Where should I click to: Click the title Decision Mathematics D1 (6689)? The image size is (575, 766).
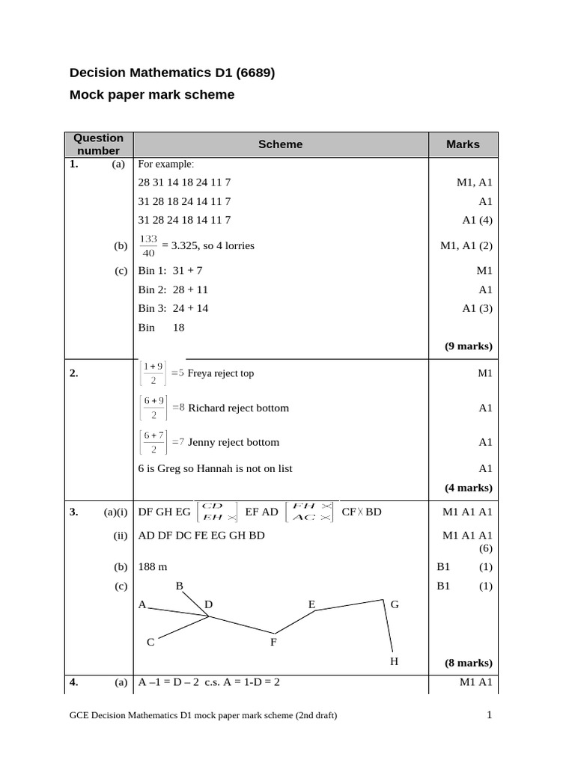pyautogui.click(x=172, y=73)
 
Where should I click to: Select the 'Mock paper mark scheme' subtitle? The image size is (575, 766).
pyautogui.click(x=152, y=95)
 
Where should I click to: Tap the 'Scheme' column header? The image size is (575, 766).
pyautogui.click(x=280, y=144)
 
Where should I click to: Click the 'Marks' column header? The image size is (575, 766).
pyautogui.click(x=463, y=144)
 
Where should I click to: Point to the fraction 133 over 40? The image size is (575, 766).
pyautogui.click(x=148, y=245)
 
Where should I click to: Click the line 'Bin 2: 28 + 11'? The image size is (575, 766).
pyautogui.click(x=173, y=289)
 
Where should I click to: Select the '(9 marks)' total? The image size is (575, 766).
pyautogui.click(x=469, y=346)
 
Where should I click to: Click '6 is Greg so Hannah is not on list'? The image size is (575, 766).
pyautogui.click(x=216, y=469)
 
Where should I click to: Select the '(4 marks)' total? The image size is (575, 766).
pyautogui.click(x=469, y=488)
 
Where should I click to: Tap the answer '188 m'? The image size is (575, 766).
pyautogui.click(x=153, y=567)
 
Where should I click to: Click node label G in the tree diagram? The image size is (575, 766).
pyautogui.click(x=395, y=604)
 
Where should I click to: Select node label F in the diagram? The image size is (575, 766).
pyautogui.click(x=273, y=642)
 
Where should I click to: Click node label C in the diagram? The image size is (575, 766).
pyautogui.click(x=150, y=642)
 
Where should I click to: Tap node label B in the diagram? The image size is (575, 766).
pyautogui.click(x=180, y=586)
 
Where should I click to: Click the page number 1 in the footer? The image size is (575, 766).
pyautogui.click(x=489, y=715)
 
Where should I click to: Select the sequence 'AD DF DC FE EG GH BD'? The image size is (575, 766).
pyautogui.click(x=201, y=536)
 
